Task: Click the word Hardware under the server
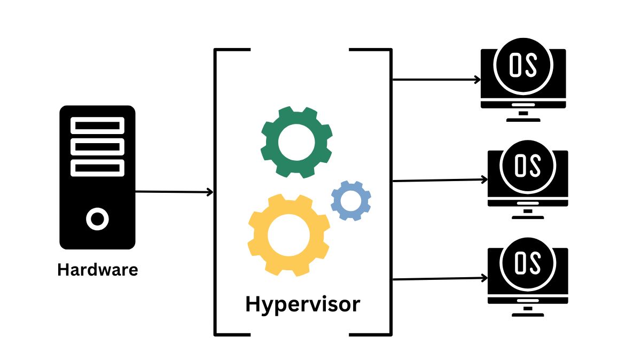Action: pyautogui.click(x=97, y=270)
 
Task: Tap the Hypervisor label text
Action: pyautogui.click(x=302, y=304)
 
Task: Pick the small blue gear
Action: pyautogui.click(x=351, y=201)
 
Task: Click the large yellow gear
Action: pyautogui.click(x=288, y=236)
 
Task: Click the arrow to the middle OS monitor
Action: pyautogui.click(x=439, y=181)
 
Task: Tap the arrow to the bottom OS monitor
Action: pyautogui.click(x=439, y=279)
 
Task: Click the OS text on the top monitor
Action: pyautogui.click(x=523, y=64)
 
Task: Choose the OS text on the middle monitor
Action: pyautogui.click(x=527, y=166)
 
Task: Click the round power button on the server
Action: pyautogui.click(x=97, y=219)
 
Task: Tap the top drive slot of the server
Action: pyautogui.click(x=97, y=126)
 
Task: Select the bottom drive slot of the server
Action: pyautogui.click(x=97, y=168)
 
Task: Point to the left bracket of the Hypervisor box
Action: pyautogui.click(x=216, y=192)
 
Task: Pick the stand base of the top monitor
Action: pyautogui.click(x=523, y=120)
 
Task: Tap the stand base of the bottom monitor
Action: pyautogui.click(x=528, y=315)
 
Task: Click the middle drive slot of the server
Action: pyautogui.click(x=97, y=147)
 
